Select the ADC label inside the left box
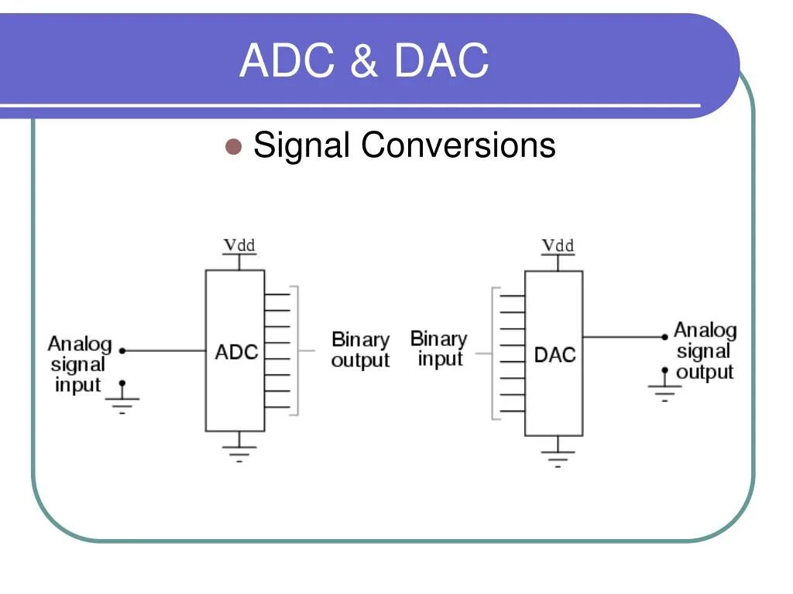click(235, 353)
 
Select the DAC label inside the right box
click(554, 355)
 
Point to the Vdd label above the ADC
click(239, 246)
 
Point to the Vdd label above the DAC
click(558, 246)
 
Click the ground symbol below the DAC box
click(558, 455)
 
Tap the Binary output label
click(360, 350)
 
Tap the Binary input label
click(439, 349)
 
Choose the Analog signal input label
click(79, 364)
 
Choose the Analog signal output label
click(705, 351)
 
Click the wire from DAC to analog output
click(623, 336)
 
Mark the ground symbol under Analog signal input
click(122, 401)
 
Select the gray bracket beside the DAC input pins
click(493, 353)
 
